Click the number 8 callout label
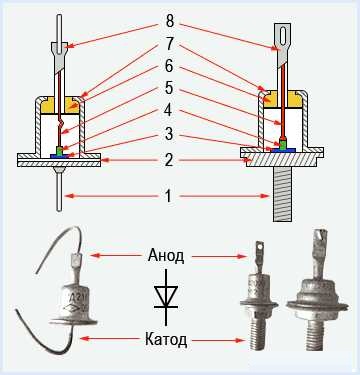click(170, 21)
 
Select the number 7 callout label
click(170, 44)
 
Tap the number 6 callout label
click(169, 66)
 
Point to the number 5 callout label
click(169, 88)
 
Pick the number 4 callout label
click(169, 110)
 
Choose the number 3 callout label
click(169, 134)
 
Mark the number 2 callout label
click(169, 160)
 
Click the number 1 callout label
click(169, 196)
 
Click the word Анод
click(166, 256)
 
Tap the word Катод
click(166, 340)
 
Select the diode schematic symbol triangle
click(166, 295)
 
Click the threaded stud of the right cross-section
click(283, 194)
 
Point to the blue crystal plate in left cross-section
click(59, 156)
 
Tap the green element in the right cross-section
click(283, 144)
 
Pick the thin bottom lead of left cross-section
click(59, 192)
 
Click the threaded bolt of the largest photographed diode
click(316, 334)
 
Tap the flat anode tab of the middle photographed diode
click(260, 254)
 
